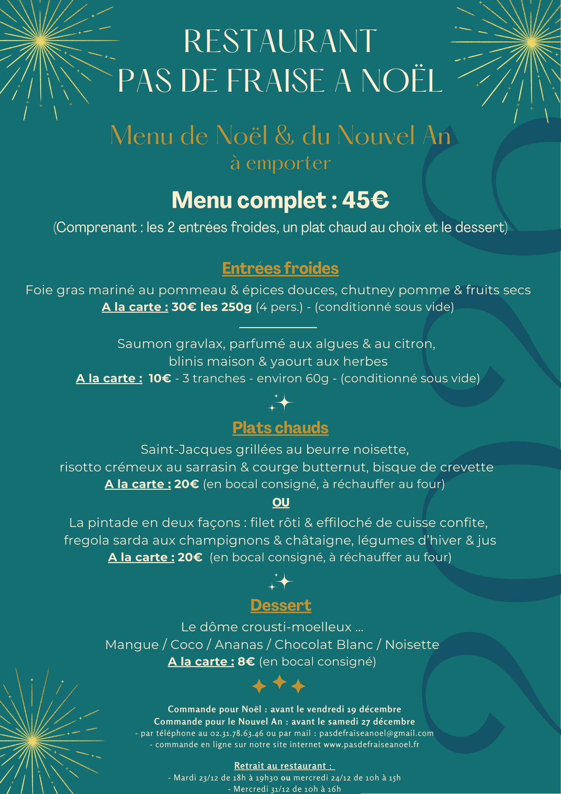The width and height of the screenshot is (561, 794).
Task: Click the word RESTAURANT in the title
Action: (280, 41)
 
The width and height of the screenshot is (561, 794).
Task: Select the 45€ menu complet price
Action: (365, 200)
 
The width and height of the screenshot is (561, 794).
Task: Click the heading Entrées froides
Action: (280, 268)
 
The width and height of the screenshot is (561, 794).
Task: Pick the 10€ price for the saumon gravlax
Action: (159, 378)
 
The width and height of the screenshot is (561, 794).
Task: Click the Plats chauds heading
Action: (280, 428)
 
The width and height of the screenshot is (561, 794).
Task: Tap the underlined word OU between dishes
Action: (281, 503)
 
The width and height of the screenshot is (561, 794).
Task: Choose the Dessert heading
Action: (280, 606)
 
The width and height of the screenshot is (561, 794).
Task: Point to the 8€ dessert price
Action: (246, 662)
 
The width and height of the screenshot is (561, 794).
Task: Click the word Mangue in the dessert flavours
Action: (132, 645)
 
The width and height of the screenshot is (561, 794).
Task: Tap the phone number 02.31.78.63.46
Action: (237, 733)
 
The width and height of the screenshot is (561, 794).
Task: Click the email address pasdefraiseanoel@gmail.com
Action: (376, 733)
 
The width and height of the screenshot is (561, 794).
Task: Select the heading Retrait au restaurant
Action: (284, 766)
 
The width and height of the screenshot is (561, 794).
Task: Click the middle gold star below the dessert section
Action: (279, 682)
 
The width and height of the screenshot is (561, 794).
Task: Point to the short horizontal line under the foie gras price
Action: (278, 327)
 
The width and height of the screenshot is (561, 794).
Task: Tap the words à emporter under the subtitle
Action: (280, 164)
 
